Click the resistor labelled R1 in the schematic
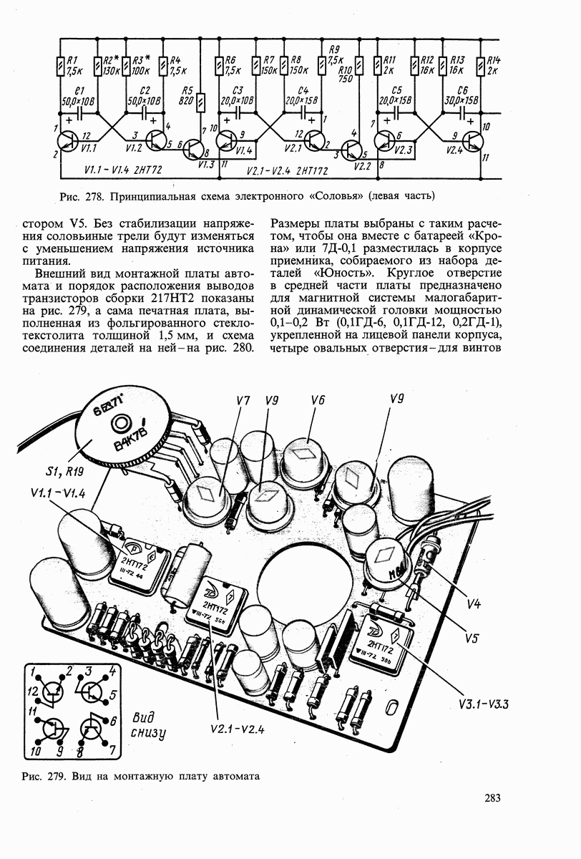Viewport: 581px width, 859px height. (59, 67)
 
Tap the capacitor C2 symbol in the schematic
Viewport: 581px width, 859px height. (144, 113)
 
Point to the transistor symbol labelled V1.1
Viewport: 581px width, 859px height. (69, 141)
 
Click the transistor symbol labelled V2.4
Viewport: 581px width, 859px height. (472, 141)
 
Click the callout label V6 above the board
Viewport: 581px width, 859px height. (318, 401)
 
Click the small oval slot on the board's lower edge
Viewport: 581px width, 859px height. (391, 707)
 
